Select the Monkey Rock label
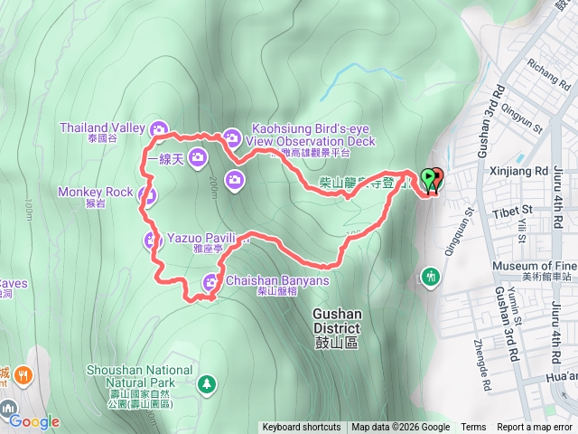point(95,192)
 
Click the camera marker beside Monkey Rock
point(149,194)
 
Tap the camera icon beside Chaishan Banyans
point(210,281)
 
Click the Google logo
point(34,421)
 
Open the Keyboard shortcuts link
point(302,428)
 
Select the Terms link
point(473,428)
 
